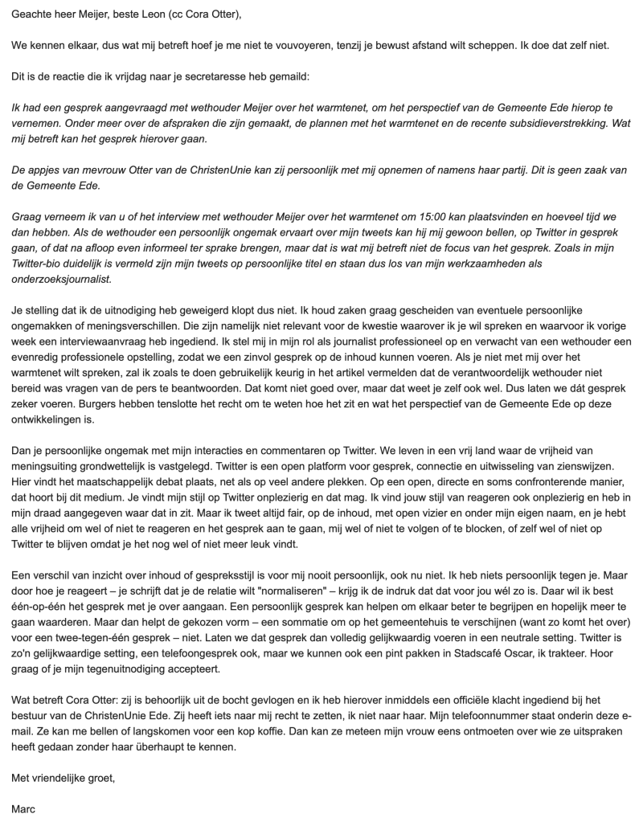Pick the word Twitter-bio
tap(39, 264)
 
